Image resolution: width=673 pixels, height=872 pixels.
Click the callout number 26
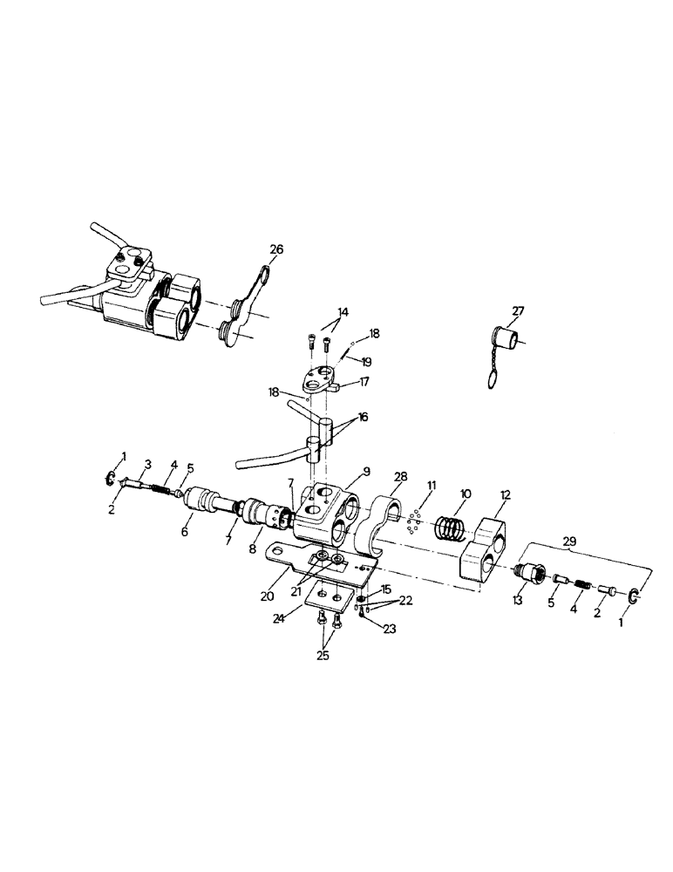coord(276,249)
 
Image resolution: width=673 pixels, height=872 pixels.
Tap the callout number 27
coord(518,311)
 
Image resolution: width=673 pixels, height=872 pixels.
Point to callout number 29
coord(571,542)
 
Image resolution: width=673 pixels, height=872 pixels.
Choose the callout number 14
coord(343,312)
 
